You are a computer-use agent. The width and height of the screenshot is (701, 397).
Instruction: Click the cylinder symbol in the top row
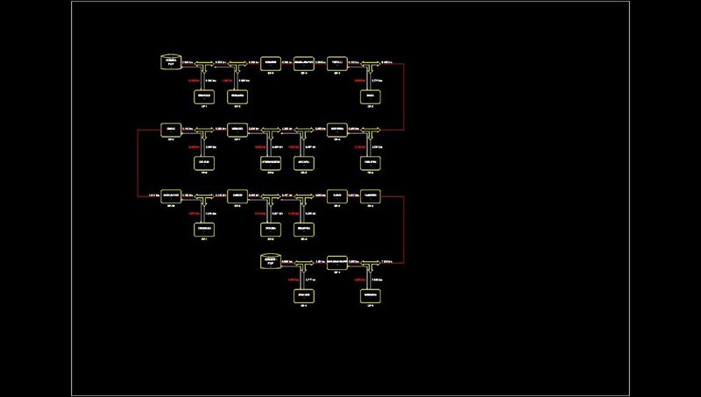coord(172,62)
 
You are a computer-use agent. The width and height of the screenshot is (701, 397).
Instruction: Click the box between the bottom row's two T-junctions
coord(338,261)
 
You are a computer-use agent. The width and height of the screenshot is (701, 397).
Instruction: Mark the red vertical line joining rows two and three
coord(138,163)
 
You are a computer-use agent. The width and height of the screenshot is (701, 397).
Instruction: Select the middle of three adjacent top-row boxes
coord(305,63)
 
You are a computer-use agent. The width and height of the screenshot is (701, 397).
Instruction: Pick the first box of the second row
coord(172,130)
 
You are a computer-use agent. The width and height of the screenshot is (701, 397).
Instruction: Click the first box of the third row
coord(172,195)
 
